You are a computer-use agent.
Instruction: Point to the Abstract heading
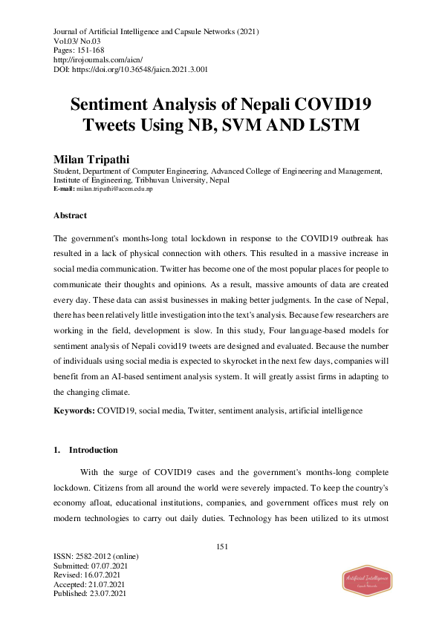(x=70, y=215)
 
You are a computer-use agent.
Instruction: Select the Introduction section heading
(x=93, y=450)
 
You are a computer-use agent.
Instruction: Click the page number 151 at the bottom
(x=221, y=546)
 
